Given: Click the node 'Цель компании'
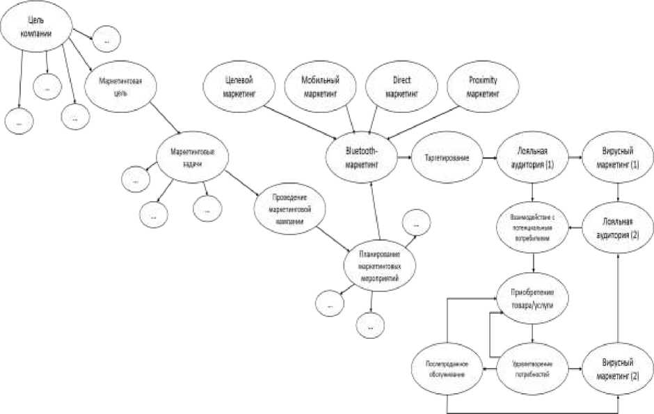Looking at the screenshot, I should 36,31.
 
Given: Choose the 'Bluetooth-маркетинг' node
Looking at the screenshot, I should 361,159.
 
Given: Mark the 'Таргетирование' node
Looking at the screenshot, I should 446,159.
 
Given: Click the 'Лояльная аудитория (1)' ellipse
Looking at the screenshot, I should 532,159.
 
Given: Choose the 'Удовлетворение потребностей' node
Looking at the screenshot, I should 533,368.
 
